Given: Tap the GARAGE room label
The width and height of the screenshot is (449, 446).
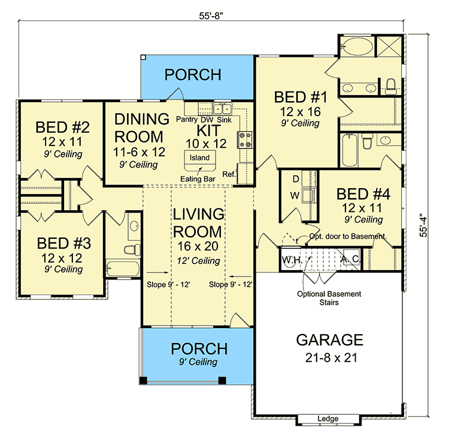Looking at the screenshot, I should [x=329, y=341].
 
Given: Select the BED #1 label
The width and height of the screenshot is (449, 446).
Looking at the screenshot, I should [x=297, y=97].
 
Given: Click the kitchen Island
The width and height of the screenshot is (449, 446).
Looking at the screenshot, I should [x=200, y=158].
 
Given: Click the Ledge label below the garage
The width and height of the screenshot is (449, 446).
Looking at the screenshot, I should [x=328, y=418].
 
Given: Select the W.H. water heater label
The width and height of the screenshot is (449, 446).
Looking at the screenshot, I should [x=291, y=260].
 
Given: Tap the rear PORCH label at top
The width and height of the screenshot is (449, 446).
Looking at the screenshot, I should [x=193, y=75].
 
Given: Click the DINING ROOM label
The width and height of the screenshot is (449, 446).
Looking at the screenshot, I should [x=138, y=127].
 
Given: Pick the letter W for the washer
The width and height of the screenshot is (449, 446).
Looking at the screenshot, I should [x=295, y=195].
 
